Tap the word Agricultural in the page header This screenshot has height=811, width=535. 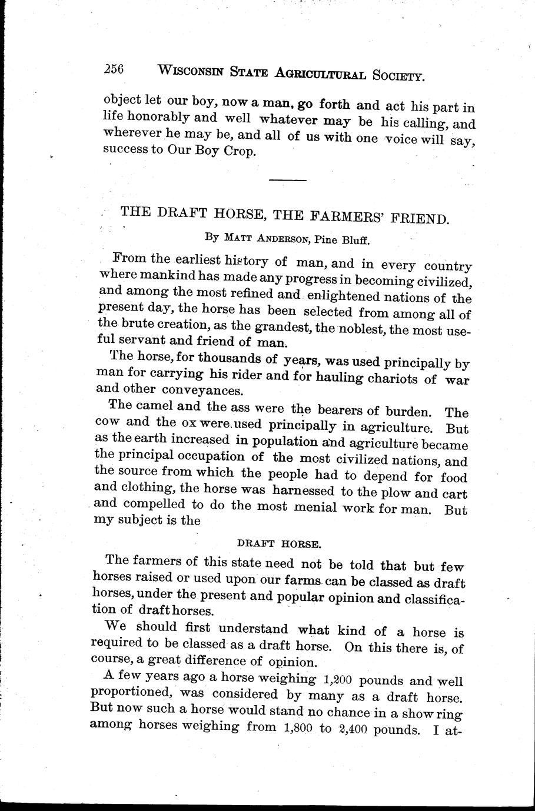click(x=314, y=74)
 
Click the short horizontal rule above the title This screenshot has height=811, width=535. click(x=283, y=179)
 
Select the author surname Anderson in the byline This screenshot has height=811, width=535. click(x=280, y=238)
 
